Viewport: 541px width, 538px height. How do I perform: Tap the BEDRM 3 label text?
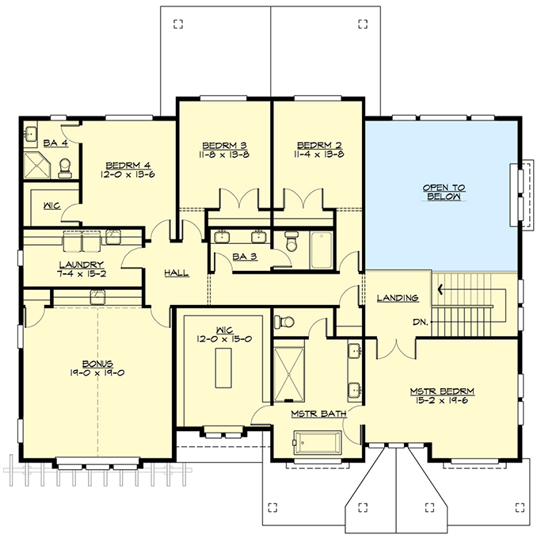[x=224, y=145]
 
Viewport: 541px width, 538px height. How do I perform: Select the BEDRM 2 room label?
[x=319, y=145]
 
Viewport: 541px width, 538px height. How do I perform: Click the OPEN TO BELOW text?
[x=443, y=191]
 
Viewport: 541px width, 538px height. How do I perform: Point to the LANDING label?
[x=398, y=298]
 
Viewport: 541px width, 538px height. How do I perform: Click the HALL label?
[x=176, y=273]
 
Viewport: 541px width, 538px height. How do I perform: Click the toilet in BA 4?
[x=66, y=165]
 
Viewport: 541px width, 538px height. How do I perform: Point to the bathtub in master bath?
[x=317, y=441]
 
